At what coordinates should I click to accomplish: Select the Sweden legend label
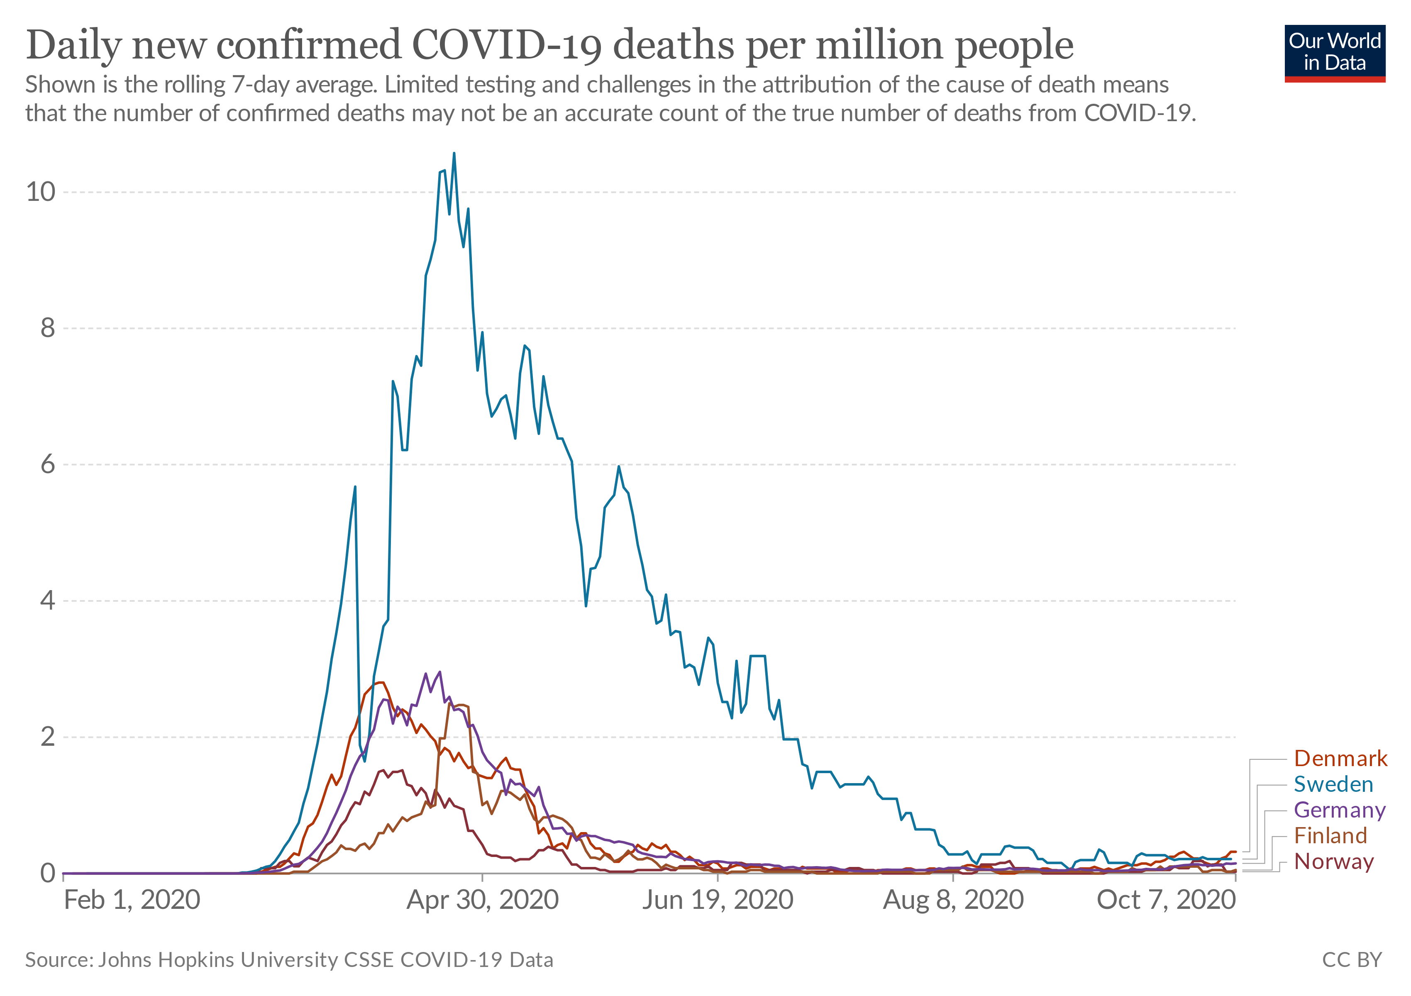click(1333, 785)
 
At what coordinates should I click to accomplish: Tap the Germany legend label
click(1339, 810)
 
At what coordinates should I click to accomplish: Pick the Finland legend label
click(1330, 836)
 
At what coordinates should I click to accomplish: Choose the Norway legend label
click(1333, 862)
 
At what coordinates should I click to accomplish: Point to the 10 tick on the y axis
click(41, 192)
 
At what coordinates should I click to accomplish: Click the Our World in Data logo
click(1335, 53)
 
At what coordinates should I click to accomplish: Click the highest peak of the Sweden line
click(454, 154)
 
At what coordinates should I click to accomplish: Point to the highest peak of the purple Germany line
click(439, 672)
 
